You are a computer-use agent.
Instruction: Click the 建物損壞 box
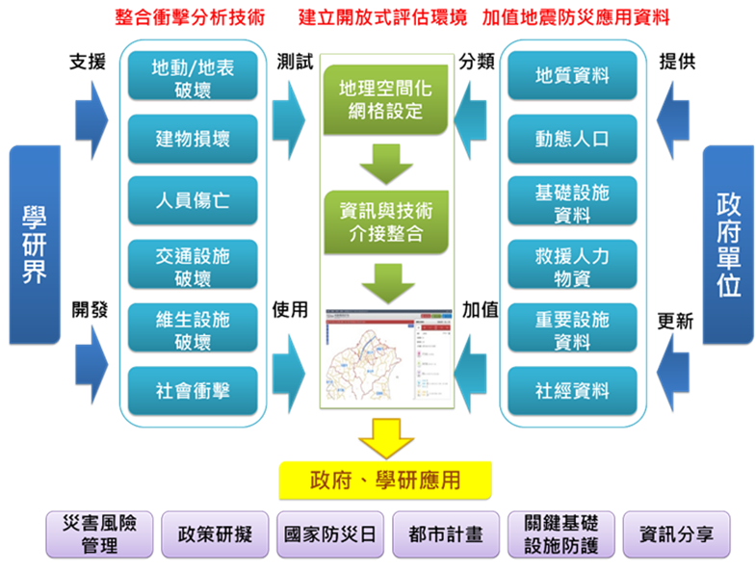click(x=193, y=139)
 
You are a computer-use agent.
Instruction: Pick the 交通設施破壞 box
click(x=193, y=265)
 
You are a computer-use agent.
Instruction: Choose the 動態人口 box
click(x=572, y=139)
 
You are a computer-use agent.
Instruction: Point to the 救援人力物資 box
click(x=572, y=265)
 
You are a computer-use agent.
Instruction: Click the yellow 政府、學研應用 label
click(x=384, y=481)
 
